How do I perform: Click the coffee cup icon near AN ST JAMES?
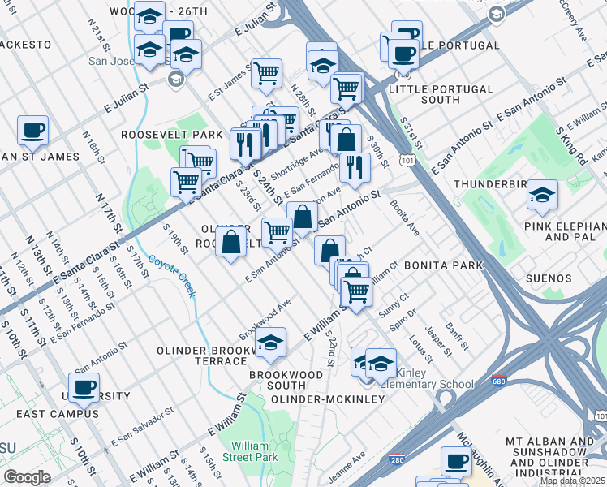[32, 129]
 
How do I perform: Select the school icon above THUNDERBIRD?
[541, 194]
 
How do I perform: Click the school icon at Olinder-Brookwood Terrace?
[270, 342]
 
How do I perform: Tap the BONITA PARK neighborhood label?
[443, 265]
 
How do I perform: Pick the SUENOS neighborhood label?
[548, 278]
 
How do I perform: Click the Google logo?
[27, 477]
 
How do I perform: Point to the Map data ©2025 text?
[573, 481]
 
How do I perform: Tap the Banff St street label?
[460, 336]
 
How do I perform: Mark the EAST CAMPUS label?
[57, 414]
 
